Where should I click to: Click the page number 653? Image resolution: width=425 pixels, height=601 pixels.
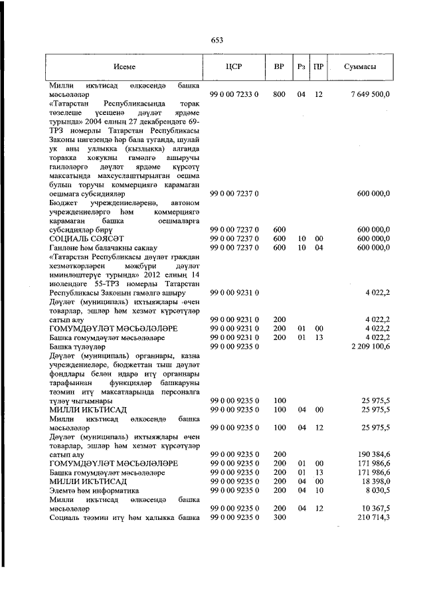point(216,40)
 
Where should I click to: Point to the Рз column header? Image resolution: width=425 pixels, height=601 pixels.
point(301,68)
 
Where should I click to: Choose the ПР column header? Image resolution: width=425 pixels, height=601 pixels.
point(319,68)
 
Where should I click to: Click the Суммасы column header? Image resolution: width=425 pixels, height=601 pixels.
point(361,68)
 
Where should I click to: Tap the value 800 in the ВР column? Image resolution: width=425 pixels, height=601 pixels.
point(279,95)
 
